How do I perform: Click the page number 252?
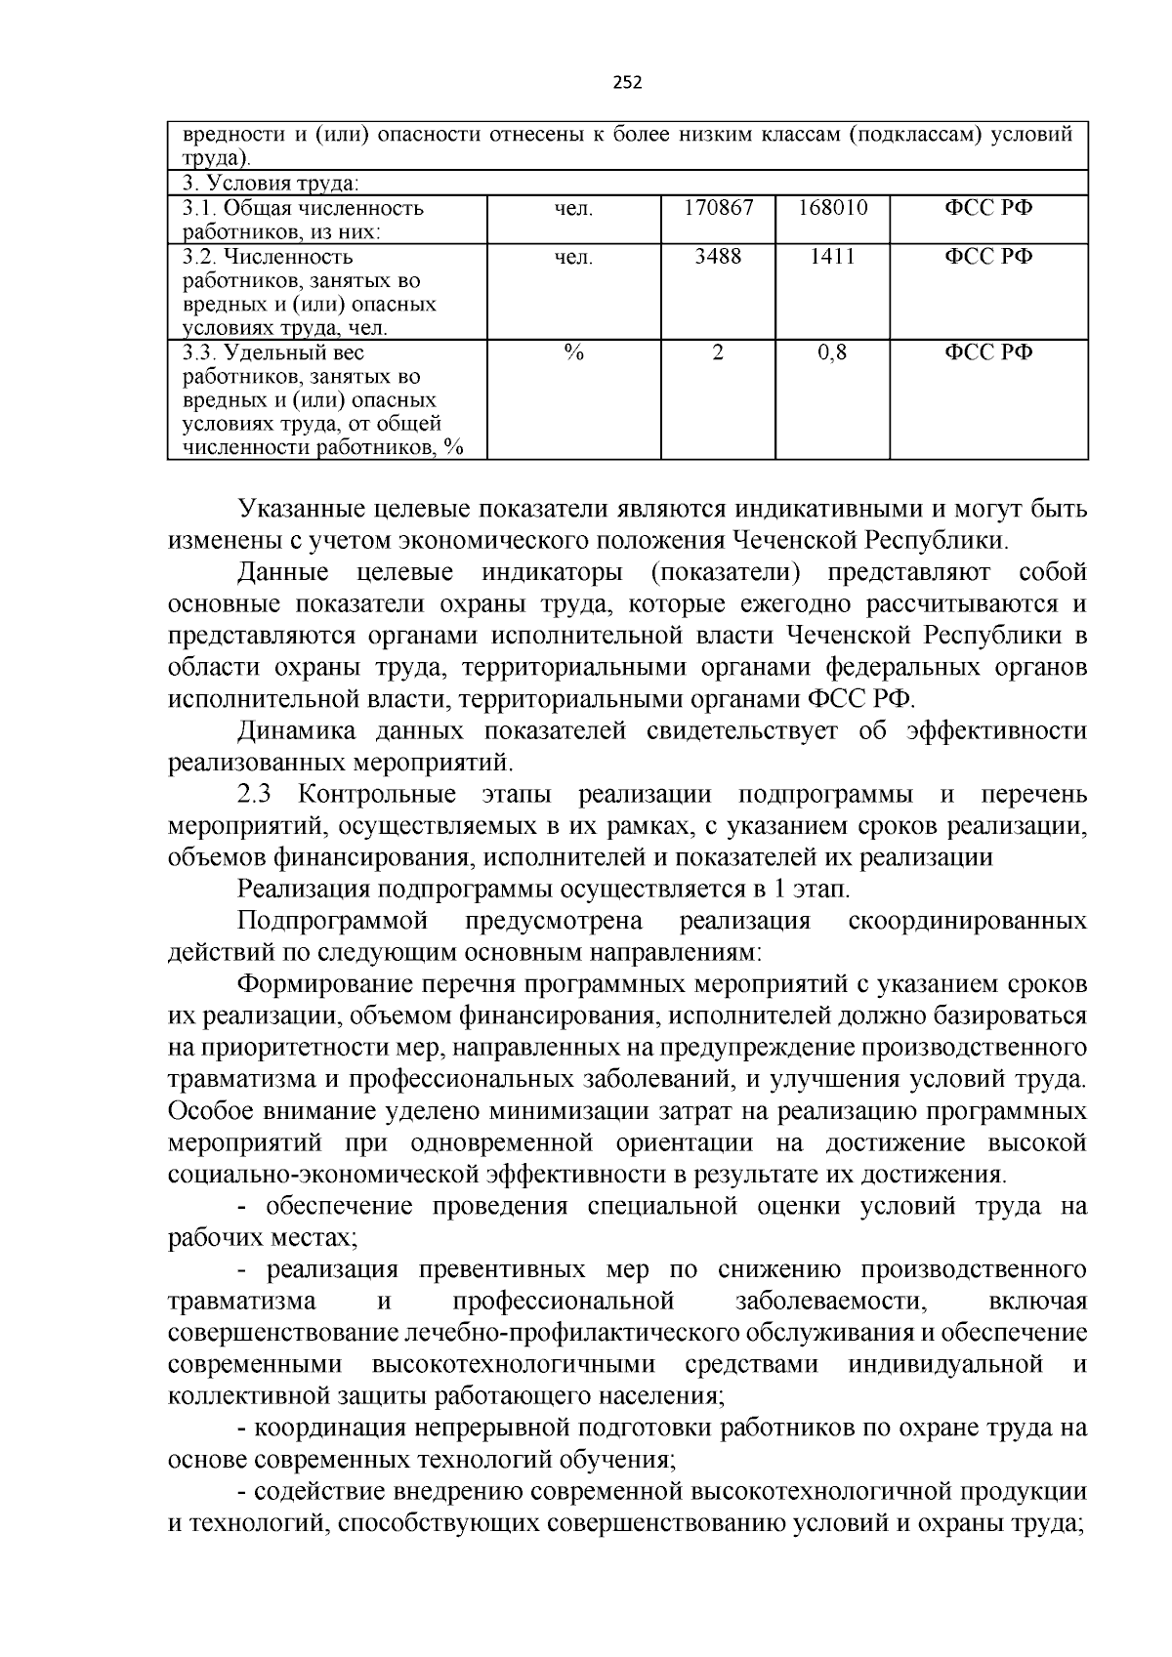[627, 82]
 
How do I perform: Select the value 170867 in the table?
[718, 208]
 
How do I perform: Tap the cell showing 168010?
[832, 208]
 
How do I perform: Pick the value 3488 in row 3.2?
[718, 257]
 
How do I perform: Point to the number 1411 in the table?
[832, 257]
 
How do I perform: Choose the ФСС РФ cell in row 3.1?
[987, 208]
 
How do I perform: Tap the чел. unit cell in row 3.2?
[573, 257]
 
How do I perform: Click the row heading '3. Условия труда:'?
[271, 184]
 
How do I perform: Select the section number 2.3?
[259, 795]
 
